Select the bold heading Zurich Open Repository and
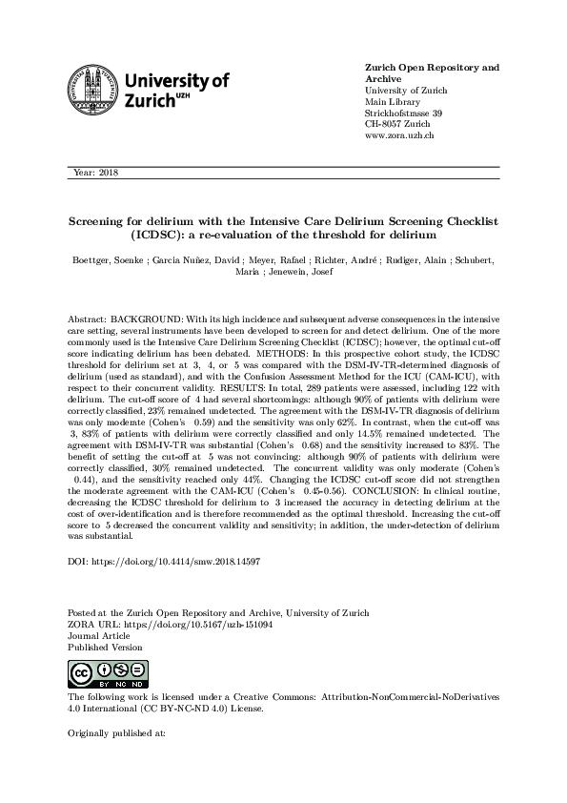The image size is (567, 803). (x=433, y=69)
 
